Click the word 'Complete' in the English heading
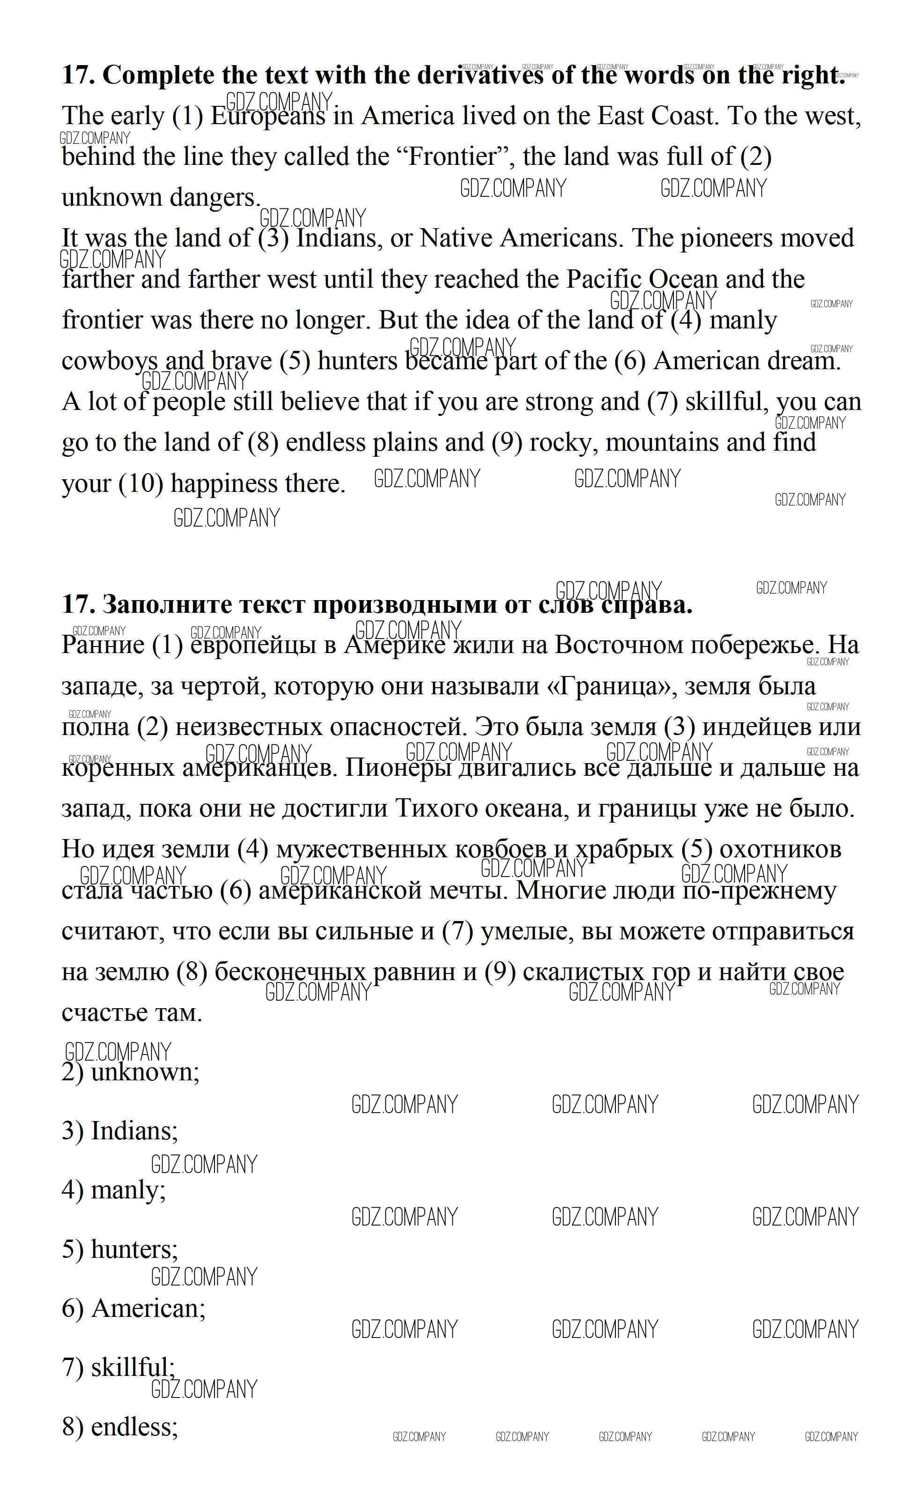(158, 75)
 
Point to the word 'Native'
(456, 238)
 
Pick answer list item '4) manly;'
(114, 1190)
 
